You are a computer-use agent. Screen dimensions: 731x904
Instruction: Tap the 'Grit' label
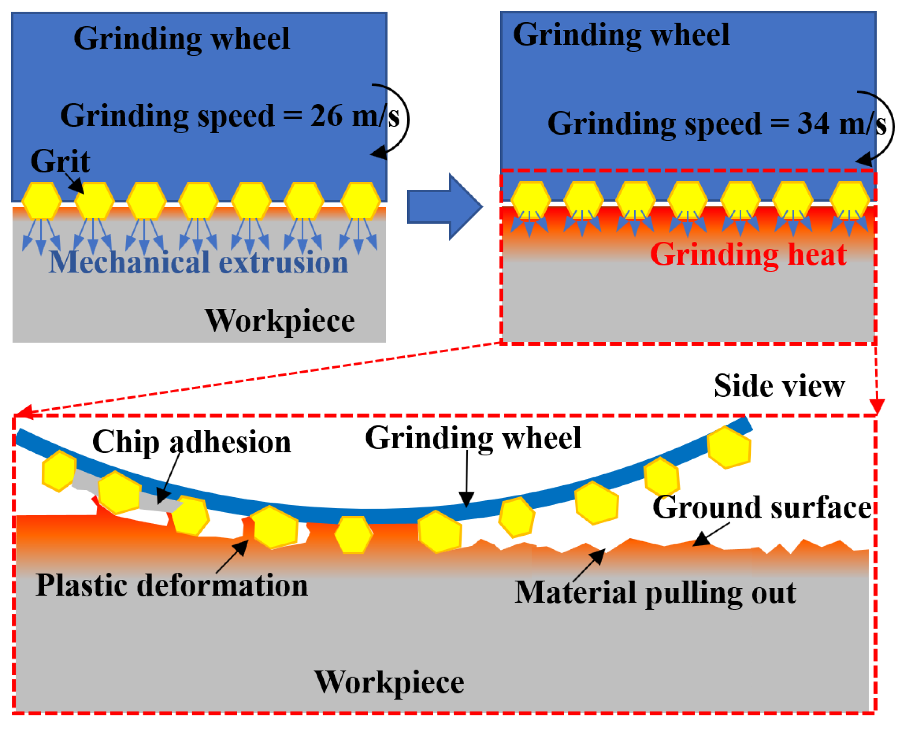[x=60, y=161]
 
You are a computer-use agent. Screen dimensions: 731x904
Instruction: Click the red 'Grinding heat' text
[x=748, y=255]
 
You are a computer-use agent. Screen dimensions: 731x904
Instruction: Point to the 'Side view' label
[x=779, y=386]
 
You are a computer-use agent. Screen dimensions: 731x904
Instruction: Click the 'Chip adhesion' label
[x=191, y=442]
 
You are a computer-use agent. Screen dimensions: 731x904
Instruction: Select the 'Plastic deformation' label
[x=172, y=585]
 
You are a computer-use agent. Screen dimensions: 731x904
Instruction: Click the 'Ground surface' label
[x=762, y=508]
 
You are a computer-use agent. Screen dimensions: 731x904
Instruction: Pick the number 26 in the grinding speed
[x=326, y=116]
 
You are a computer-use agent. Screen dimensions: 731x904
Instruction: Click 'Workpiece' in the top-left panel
[x=280, y=321]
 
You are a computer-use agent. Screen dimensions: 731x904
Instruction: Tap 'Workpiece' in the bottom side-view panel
[x=389, y=682]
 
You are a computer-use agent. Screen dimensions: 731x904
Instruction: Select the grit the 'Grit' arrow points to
[x=94, y=201]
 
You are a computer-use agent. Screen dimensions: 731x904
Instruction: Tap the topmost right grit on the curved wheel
[x=729, y=448]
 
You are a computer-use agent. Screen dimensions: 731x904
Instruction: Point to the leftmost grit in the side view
[x=59, y=471]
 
